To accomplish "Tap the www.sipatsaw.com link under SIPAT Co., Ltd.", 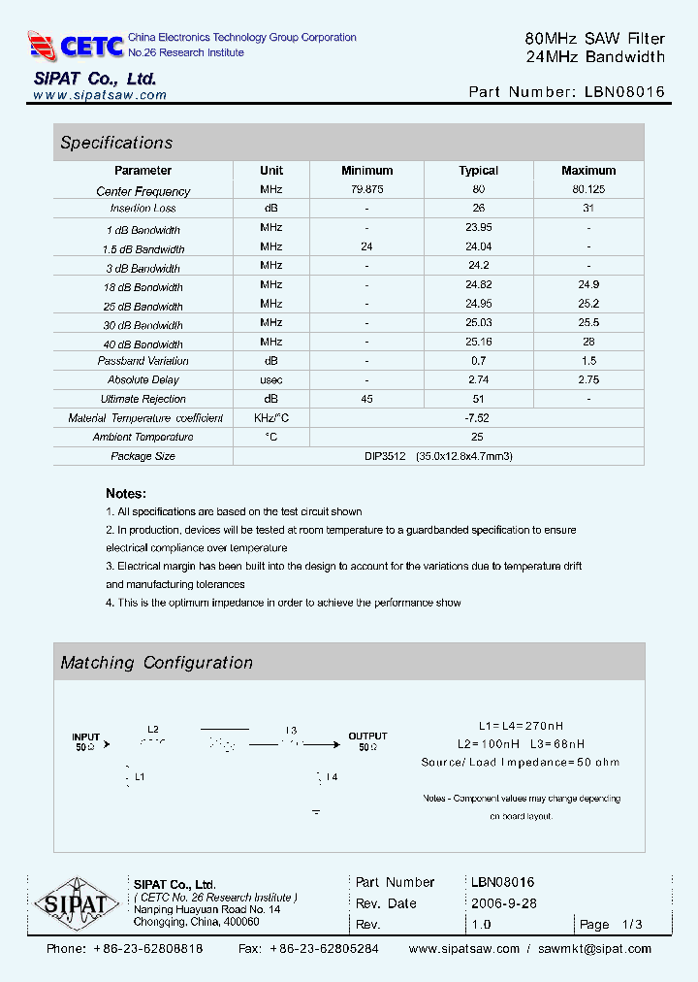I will (x=100, y=95).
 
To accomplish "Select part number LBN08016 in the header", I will (x=624, y=92).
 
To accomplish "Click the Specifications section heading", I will (x=116, y=143).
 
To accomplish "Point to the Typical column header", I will (x=478, y=171).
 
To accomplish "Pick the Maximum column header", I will (x=588, y=171).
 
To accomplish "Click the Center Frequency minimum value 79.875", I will (x=366, y=190).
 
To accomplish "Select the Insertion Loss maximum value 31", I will (x=588, y=209).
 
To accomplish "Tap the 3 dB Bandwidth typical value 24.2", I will (x=478, y=266).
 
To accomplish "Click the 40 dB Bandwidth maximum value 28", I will (x=588, y=342).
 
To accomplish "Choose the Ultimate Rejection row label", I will (x=143, y=399).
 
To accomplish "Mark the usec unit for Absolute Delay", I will (x=271, y=379).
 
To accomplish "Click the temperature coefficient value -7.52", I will (x=478, y=418).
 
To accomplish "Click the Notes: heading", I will (x=126, y=493).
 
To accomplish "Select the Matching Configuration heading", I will (x=156, y=663).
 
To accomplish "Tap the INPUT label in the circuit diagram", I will (x=85, y=737).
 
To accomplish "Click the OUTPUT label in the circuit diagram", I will (x=367, y=736).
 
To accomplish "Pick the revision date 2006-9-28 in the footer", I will (x=503, y=903).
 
